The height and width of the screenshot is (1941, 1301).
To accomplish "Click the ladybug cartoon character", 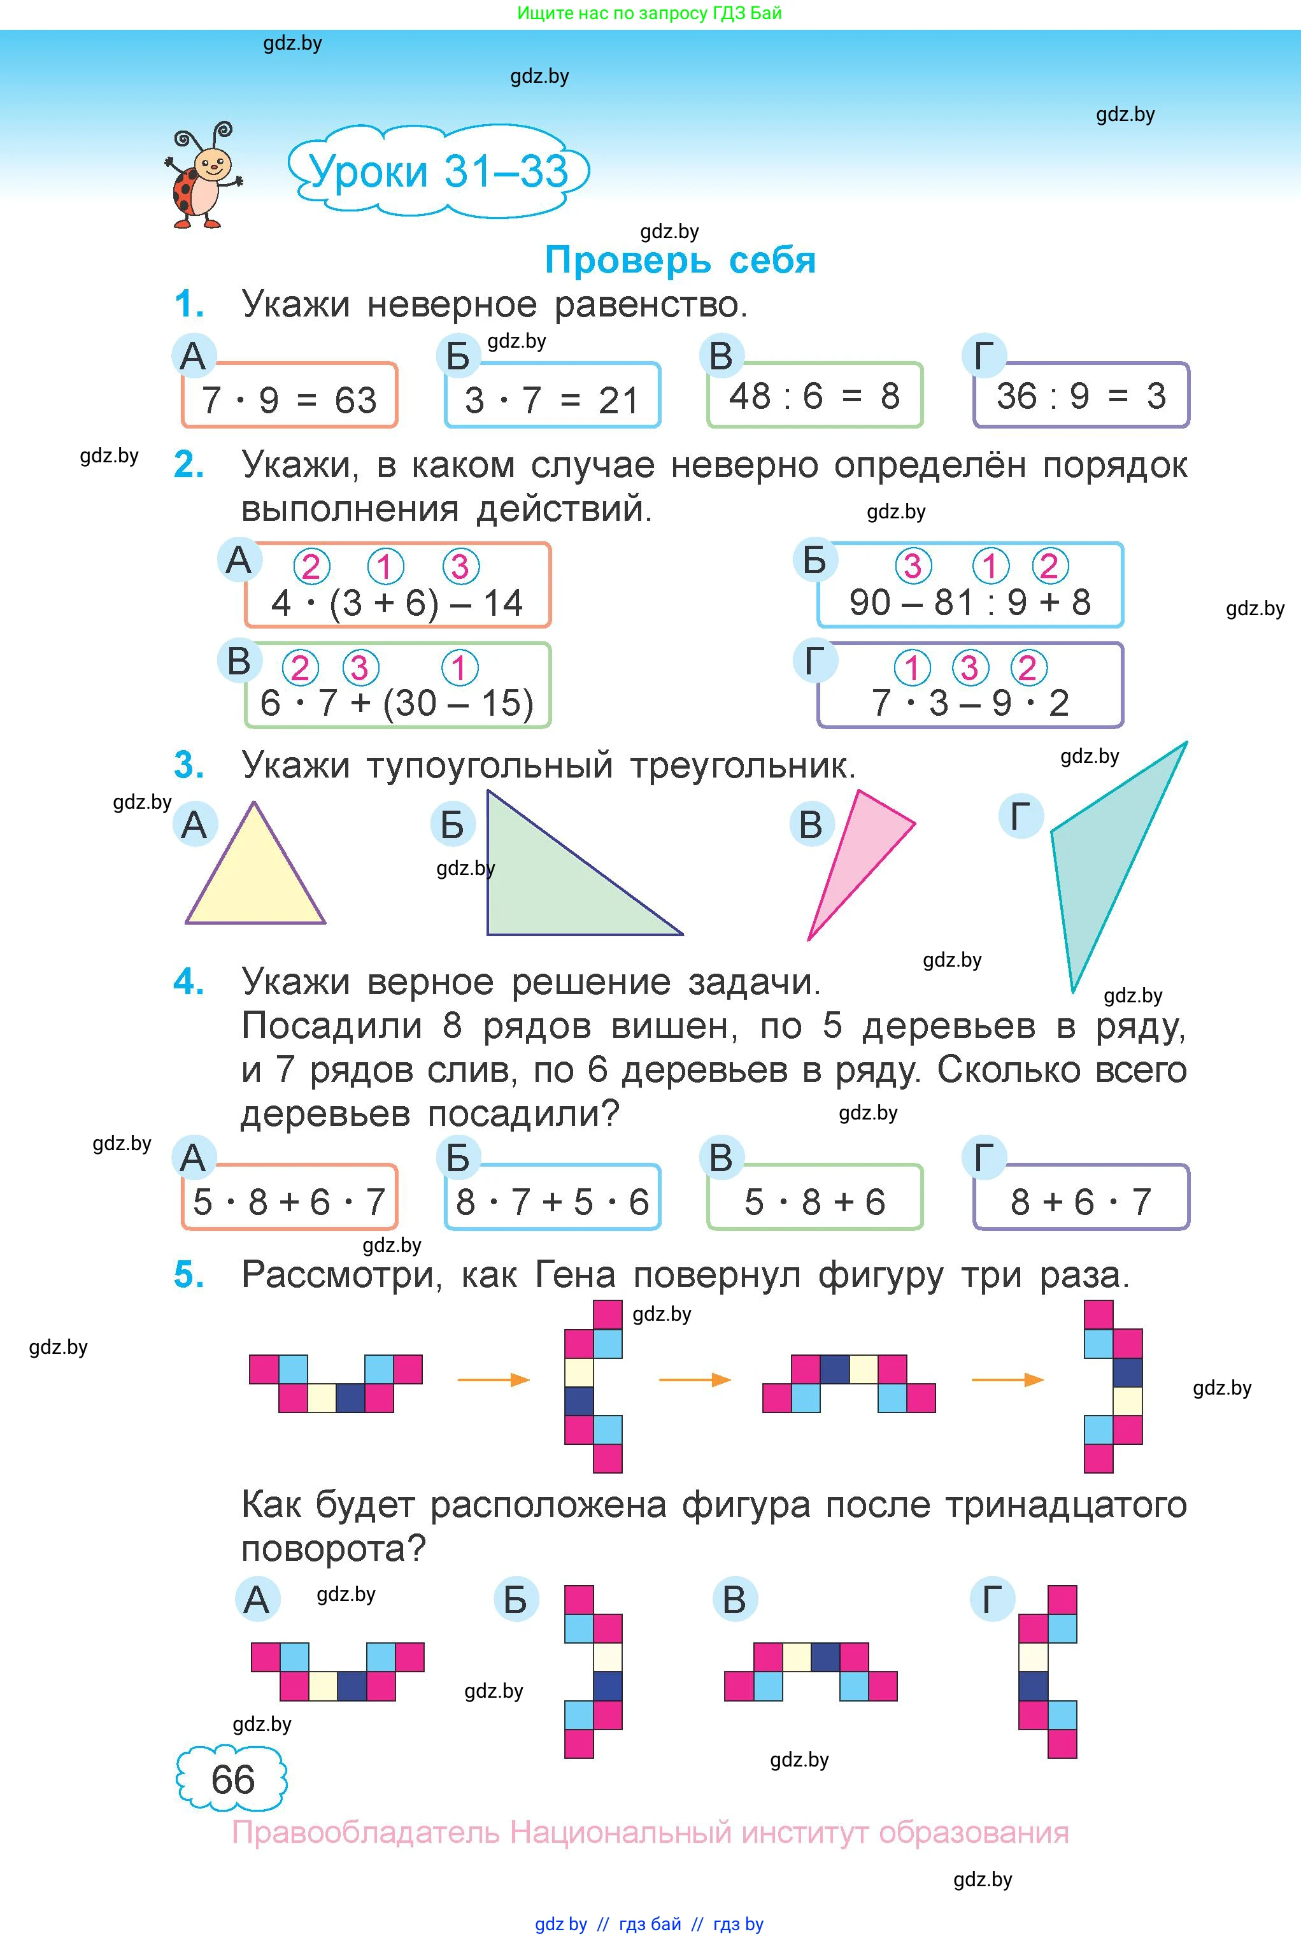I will [x=203, y=176].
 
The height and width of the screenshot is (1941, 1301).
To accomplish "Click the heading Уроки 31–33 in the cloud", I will [x=438, y=172].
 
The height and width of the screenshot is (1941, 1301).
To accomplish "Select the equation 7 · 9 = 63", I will [x=288, y=400].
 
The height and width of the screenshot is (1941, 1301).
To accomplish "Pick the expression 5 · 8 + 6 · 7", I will [x=288, y=1202].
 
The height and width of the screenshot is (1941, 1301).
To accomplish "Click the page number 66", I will [x=232, y=1780].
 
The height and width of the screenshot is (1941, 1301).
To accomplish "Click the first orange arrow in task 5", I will [x=493, y=1379].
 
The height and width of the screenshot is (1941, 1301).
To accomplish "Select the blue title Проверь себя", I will [x=680, y=260].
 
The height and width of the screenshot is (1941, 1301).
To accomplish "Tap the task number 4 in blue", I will [x=188, y=982].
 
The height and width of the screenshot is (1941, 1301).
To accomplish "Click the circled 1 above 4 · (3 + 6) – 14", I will [x=385, y=567].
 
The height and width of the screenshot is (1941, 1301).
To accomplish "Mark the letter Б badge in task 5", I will [x=515, y=1599].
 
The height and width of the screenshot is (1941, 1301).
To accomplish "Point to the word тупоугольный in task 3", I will [x=490, y=765].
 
